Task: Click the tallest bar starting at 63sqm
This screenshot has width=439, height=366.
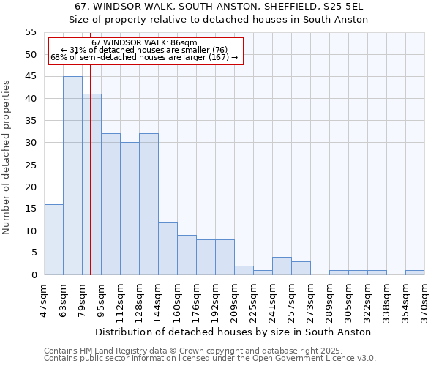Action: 72,176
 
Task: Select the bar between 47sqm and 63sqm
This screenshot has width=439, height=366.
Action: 53,239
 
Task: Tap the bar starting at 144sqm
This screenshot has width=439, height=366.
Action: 168,248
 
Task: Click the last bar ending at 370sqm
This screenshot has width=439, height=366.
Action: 415,272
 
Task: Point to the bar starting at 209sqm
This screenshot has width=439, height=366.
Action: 244,270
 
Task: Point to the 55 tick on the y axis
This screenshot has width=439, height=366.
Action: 31,32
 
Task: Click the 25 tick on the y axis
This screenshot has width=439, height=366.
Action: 31,165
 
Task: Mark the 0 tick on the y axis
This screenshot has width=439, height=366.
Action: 34,275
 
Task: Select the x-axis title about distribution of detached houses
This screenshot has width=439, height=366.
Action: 233,332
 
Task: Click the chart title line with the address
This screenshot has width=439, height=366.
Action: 219,7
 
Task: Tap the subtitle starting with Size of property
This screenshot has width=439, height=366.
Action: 219,19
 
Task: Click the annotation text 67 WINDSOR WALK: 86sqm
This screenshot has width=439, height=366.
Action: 144,43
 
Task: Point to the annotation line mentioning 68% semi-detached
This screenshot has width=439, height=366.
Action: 144,57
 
